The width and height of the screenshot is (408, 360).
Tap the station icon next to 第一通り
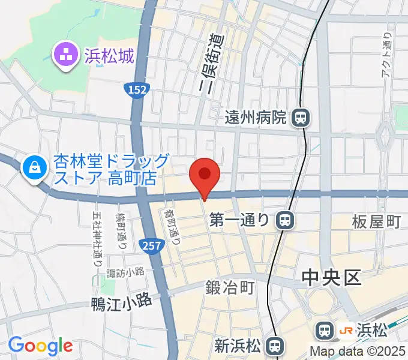click(286, 221)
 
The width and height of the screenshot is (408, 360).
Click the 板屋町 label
click(376, 222)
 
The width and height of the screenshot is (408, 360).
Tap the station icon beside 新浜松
click(275, 345)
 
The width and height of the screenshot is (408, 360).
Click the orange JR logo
click(346, 329)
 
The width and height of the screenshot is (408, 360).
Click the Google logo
click(40, 346)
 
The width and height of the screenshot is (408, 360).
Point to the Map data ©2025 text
click(358, 352)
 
